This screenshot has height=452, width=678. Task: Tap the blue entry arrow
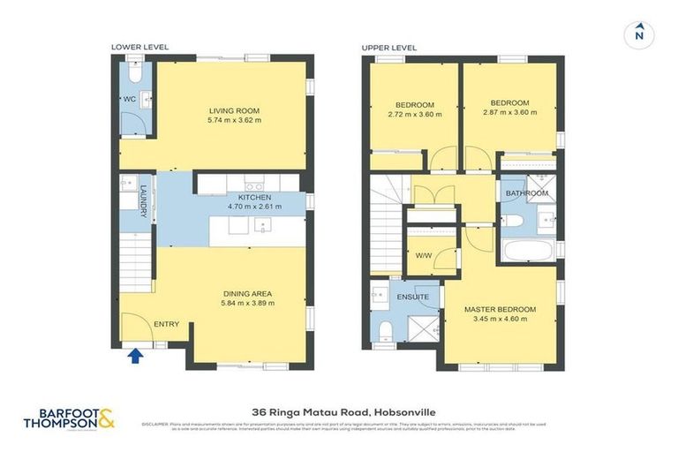pyautogui.click(x=135, y=356)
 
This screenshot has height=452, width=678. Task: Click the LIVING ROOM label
pyautogui.click(x=234, y=110)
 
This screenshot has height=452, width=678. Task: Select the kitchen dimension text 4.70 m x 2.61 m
pyautogui.click(x=254, y=207)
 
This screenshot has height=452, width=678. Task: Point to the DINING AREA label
pyautogui.click(x=247, y=293)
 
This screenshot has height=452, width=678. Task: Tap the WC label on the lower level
pyautogui.click(x=127, y=98)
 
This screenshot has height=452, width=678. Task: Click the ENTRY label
pyautogui.click(x=166, y=324)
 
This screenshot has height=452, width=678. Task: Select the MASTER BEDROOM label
pyautogui.click(x=501, y=309)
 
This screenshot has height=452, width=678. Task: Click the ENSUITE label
pyautogui.click(x=412, y=297)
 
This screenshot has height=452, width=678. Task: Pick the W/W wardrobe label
pyautogui.click(x=423, y=256)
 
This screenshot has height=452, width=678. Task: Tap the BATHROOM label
pyautogui.click(x=526, y=192)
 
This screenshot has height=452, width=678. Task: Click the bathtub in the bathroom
pyautogui.click(x=527, y=251)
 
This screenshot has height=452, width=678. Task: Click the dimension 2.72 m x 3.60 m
pyautogui.click(x=414, y=114)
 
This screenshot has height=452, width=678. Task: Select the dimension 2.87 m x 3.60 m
pyautogui.click(x=509, y=114)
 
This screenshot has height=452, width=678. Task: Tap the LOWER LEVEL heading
pyautogui.click(x=139, y=47)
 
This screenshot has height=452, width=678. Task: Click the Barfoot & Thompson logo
pyautogui.click(x=69, y=418)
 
